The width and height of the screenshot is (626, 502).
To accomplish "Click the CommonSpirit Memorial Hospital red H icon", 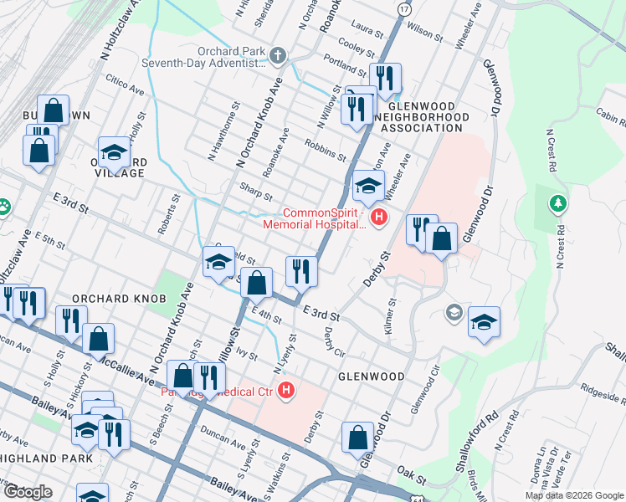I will (379, 218).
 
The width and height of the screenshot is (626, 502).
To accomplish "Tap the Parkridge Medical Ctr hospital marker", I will (287, 391).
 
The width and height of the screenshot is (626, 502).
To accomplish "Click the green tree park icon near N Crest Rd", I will (558, 203).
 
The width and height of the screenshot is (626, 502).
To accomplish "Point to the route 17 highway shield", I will (404, 8).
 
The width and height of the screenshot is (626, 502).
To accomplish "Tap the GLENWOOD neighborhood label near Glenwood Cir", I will (371, 376).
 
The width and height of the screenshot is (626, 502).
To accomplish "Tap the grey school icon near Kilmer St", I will (454, 313).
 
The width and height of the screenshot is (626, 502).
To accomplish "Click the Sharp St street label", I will (255, 192).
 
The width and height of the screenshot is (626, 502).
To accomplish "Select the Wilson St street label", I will (424, 32).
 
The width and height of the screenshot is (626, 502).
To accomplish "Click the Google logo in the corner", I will (28, 492).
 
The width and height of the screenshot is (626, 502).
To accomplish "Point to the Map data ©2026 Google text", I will (574, 495).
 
